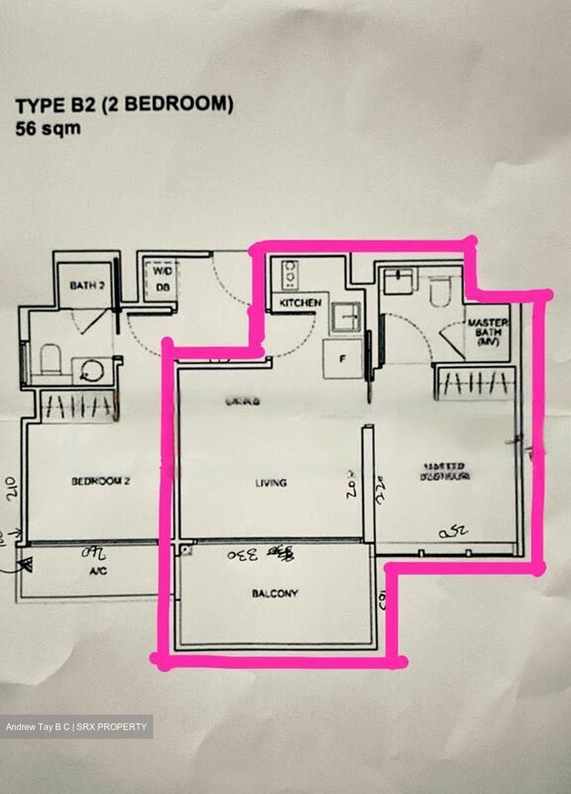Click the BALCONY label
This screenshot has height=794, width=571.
click(274, 593)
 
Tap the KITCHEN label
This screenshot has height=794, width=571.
click(300, 303)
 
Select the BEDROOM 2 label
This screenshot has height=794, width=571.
click(100, 481)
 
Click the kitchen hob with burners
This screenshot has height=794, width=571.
click(289, 275)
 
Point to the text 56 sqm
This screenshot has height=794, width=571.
click(48, 129)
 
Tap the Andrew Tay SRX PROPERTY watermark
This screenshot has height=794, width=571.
click(77, 727)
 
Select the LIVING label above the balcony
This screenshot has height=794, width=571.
click(271, 483)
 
